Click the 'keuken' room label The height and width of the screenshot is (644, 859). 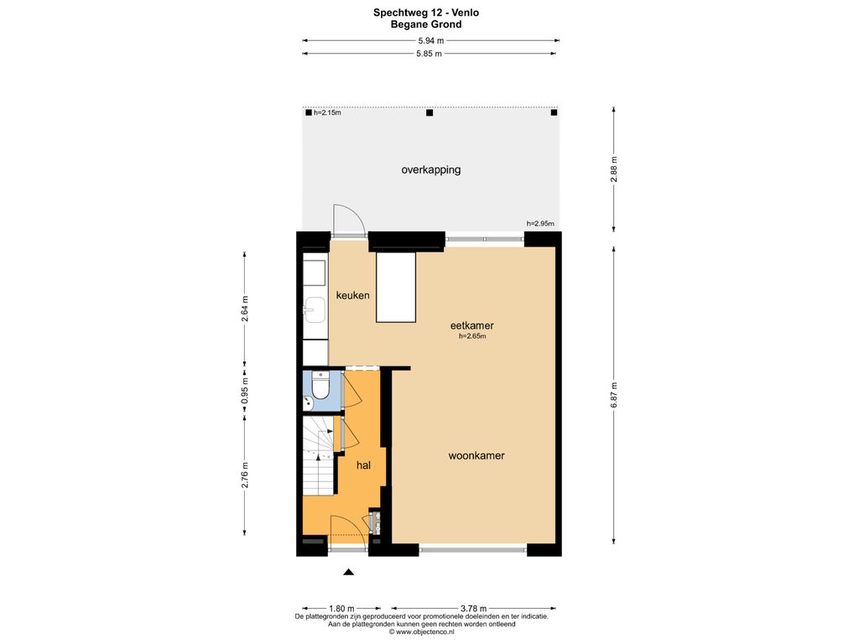352,295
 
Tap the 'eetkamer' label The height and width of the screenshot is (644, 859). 471,326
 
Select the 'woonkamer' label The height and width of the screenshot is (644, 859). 476,455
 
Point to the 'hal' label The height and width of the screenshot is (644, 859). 363,465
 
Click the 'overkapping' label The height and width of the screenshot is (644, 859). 430,169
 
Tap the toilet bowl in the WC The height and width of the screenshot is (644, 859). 320,387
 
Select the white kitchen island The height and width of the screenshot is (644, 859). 396,288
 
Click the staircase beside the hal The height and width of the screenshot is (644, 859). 318,455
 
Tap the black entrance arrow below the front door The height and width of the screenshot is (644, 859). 348,572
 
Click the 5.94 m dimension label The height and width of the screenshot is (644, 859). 431,40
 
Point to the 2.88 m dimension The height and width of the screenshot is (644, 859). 614,169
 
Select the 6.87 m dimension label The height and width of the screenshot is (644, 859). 614,395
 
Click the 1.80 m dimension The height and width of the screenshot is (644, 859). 341,609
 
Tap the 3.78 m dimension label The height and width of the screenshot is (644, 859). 473,609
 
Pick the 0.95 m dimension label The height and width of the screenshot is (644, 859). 245,392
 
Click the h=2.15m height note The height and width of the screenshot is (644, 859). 327,113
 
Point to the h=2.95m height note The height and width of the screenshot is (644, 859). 540,223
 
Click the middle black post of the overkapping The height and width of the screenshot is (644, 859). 429,113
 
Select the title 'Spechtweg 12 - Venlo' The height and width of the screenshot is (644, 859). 426,13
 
